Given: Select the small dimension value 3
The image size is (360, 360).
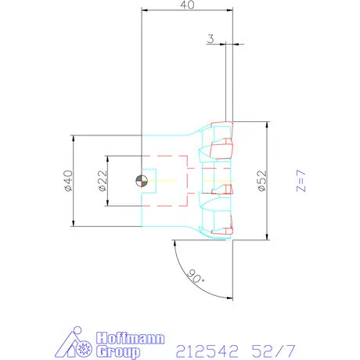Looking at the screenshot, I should pyautogui.click(x=211, y=38).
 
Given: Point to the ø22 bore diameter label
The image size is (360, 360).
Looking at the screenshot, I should pyautogui.click(x=102, y=181).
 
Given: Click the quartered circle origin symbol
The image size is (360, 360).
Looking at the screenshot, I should pyautogui.click(x=140, y=181).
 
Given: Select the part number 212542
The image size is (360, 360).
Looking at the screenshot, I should pyautogui.click(x=204, y=347).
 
